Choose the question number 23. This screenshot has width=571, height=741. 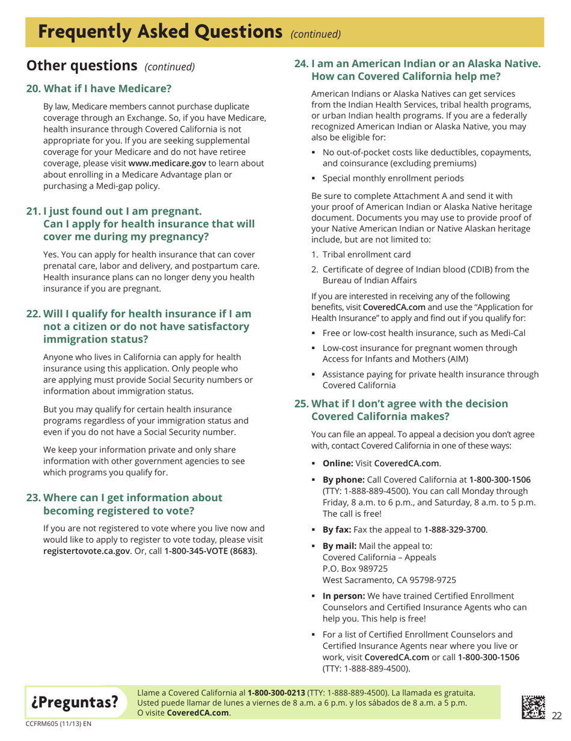[x=32, y=498]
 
